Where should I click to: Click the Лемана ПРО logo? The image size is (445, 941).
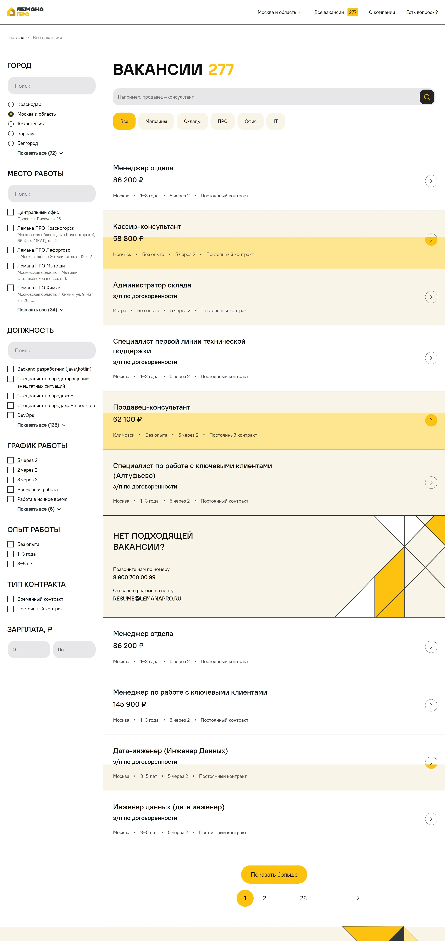pos(25,12)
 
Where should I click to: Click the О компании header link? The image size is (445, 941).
pos(382,12)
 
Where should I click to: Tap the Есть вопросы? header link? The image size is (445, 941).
pos(422,12)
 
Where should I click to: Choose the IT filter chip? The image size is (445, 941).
pos(276,121)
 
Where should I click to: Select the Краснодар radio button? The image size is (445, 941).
pos(11,105)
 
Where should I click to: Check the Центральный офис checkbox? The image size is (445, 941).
pos(11,212)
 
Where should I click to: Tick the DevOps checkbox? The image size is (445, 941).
pos(11,415)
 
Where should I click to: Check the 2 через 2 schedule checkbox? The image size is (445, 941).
pos(11,470)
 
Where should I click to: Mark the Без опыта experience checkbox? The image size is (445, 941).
pos(11,544)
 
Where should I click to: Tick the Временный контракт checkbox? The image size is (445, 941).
pos(11,599)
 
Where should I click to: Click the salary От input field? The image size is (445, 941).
pos(29,650)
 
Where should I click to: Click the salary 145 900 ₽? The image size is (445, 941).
pos(130,704)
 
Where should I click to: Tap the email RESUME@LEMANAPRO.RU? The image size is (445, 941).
pos(147,599)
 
